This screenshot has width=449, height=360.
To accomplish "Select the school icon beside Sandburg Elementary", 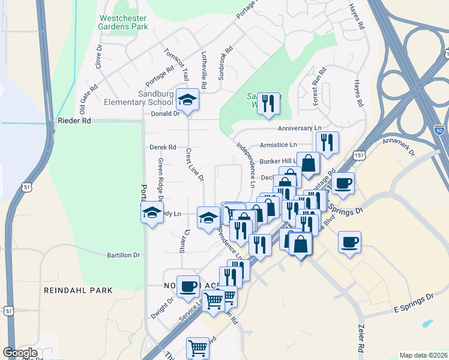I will tap(188, 101).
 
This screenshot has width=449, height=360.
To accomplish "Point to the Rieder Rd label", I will tap(74, 121).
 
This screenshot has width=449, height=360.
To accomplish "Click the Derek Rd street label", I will tap(163, 147).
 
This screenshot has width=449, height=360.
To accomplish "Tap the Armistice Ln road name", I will tap(278, 145).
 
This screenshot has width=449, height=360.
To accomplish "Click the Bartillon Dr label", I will tap(123, 255).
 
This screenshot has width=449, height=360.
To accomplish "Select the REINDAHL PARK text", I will tap(78, 290).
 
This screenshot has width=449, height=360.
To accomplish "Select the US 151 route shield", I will tap(358, 154).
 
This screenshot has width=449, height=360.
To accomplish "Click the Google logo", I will tap(20, 353).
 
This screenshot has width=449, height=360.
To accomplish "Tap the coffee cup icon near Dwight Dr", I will tap(188, 287).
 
